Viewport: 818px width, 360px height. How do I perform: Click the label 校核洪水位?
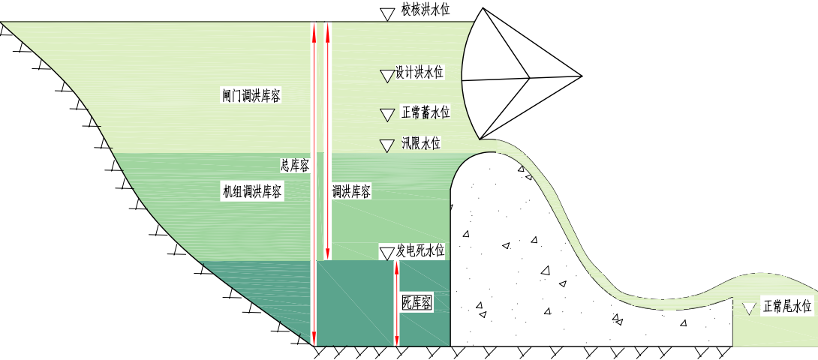[x=426, y=10]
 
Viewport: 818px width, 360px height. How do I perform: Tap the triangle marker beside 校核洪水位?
[x=386, y=14]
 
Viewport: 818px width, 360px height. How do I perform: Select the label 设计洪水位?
[x=420, y=72]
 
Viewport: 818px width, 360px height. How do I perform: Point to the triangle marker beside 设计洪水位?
[x=386, y=76]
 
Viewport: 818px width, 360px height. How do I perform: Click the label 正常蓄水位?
[x=426, y=112]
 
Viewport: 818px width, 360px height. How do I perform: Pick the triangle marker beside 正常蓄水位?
[x=386, y=115]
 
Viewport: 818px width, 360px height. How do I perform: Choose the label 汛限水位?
[x=421, y=143]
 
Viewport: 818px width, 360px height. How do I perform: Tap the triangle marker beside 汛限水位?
[x=386, y=145]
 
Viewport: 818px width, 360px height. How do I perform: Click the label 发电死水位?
[x=420, y=251]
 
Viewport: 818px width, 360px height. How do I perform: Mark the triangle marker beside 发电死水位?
[x=386, y=253]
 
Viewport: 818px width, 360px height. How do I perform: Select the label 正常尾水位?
[x=788, y=306]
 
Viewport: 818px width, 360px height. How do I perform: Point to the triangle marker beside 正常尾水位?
[x=749, y=308]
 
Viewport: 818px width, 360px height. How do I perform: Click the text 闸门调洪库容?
[x=251, y=95]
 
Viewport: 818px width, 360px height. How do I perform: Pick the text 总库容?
[x=295, y=166]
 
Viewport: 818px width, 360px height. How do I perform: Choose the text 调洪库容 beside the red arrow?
[x=352, y=192]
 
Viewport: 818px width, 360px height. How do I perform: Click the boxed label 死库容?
[x=417, y=302]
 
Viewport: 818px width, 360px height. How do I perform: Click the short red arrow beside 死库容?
[x=396, y=303]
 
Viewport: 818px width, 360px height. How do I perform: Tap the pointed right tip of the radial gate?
[x=582, y=76]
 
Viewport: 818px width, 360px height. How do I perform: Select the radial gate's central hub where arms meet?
[x=530, y=78]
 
